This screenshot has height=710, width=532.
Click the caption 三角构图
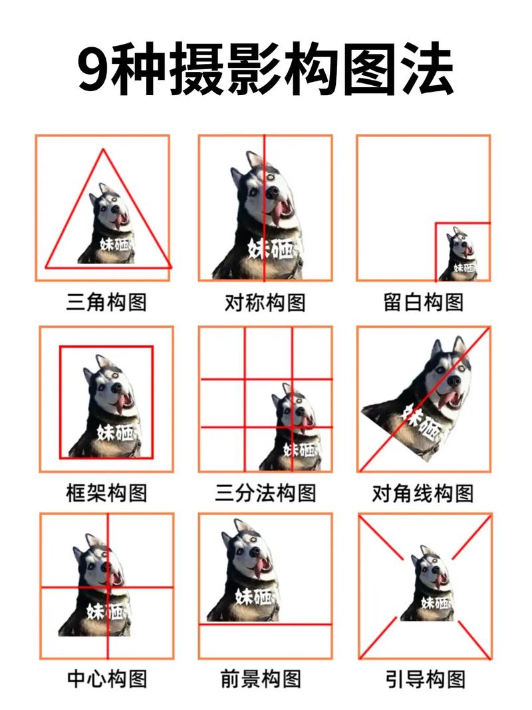pos(106,303)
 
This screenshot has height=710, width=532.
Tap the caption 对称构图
pos(265,303)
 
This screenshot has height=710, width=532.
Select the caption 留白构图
pos(423,303)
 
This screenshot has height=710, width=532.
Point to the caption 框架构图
pos(106,493)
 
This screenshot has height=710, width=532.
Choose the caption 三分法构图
pos(265,493)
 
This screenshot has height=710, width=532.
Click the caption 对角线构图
pos(423,493)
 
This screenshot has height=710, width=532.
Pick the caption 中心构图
pos(106,679)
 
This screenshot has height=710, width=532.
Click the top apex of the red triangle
pos(103,150)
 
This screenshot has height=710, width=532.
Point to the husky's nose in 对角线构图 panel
pos(454,381)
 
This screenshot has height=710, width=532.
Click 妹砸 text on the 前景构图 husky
pos(252,595)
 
